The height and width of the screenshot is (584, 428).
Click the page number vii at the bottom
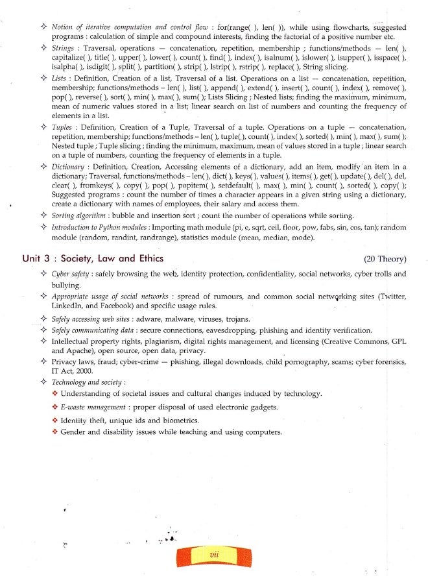point(214,555)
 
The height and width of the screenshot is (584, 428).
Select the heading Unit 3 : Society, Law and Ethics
point(93,258)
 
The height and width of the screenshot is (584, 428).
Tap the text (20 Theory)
point(385,259)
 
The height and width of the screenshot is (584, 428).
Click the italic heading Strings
point(63,49)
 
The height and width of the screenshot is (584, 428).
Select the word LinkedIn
point(68,306)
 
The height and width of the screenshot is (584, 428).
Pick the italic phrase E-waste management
point(93,407)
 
